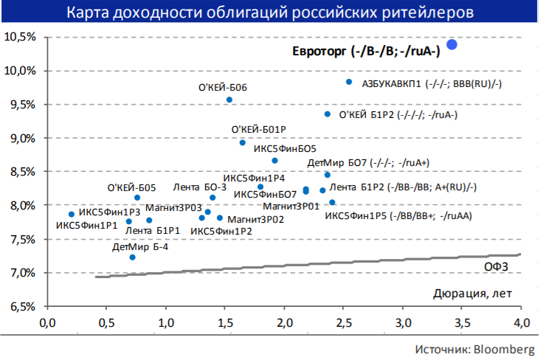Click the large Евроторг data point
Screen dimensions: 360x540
coord(452,45)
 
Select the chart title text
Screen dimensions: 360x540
coord(271,13)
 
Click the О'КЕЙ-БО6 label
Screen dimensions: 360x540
coord(223,88)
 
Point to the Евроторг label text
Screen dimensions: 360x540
coord(363,50)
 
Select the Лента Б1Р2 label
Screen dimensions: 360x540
coord(403,187)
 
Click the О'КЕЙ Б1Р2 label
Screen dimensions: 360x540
coord(398,115)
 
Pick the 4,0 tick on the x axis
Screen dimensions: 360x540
coord(521,322)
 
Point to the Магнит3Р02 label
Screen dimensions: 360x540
coord(256,219)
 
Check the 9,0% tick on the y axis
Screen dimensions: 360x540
coord(22,138)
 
